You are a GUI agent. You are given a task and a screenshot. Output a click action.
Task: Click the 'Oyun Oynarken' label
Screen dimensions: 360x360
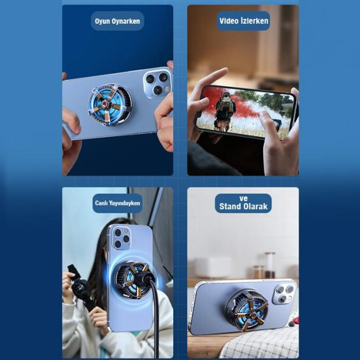[117, 21]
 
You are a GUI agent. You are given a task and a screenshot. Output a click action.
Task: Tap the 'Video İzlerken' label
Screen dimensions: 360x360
[243, 21]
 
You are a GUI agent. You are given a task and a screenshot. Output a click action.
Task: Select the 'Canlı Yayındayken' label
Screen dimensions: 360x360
[117, 203]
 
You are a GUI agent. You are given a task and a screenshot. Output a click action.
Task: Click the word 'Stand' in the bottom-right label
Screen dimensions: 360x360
[230, 206]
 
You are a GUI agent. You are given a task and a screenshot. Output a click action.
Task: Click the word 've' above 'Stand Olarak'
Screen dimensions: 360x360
[243, 198]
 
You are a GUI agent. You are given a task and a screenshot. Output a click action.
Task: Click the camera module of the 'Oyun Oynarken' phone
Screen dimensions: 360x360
[157, 83]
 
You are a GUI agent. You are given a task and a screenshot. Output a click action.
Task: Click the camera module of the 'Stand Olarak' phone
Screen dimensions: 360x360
[284, 294]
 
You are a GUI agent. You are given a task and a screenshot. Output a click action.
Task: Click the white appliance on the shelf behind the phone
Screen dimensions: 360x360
[213, 268]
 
